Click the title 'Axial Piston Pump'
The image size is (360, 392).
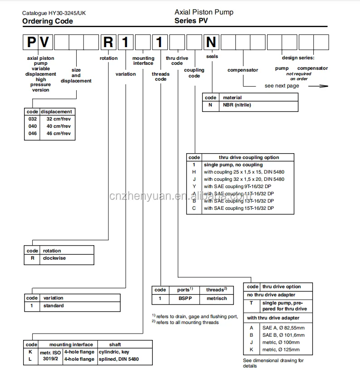click(x=204, y=12)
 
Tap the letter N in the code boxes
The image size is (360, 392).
click(x=211, y=44)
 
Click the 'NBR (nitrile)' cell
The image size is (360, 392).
click(x=236, y=105)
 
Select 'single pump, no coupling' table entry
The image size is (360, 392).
click(x=233, y=165)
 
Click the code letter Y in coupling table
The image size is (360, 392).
click(x=194, y=187)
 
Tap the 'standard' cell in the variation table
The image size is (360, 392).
click(x=53, y=305)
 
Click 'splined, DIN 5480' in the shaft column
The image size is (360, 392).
click(x=119, y=359)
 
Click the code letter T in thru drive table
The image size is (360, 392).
click(x=251, y=303)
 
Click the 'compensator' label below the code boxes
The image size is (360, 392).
click(x=243, y=70)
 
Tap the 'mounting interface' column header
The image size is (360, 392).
click(x=71, y=344)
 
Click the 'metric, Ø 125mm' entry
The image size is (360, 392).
click(x=281, y=349)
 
